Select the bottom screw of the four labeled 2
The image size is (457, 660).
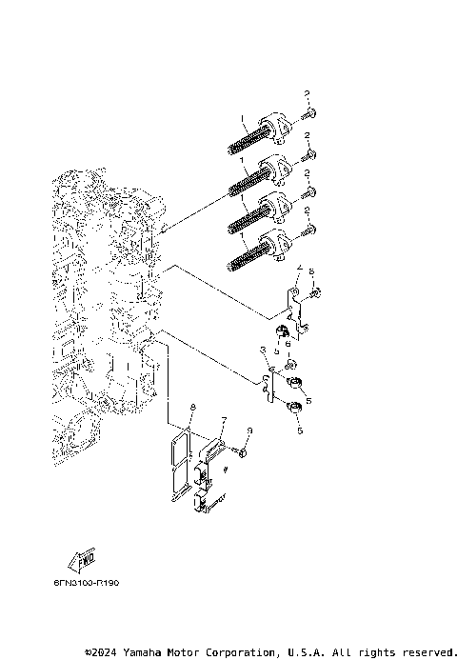point(308,230)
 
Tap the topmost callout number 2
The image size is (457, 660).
point(308,92)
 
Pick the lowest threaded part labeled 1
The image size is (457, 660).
point(252,250)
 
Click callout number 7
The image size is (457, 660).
point(224,420)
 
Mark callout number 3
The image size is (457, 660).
point(263,353)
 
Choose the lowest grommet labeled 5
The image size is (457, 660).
point(296,410)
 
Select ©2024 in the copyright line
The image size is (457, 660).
point(104,652)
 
